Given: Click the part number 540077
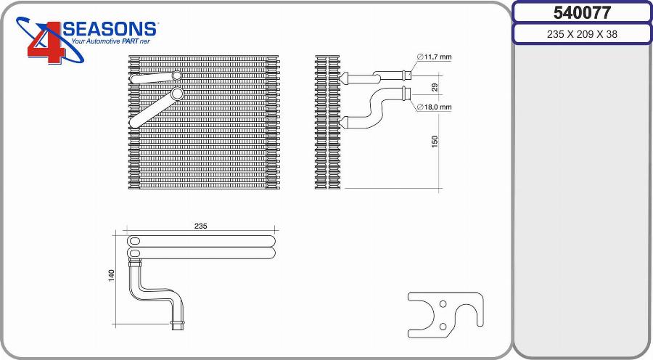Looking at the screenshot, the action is pyautogui.click(x=582, y=13).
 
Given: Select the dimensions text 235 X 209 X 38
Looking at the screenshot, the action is pyautogui.click(x=582, y=34).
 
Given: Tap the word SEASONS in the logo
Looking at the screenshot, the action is pyautogui.click(x=110, y=29).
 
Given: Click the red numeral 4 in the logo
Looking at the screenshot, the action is pyautogui.click(x=46, y=43).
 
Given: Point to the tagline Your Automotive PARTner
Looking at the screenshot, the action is pyautogui.click(x=110, y=41).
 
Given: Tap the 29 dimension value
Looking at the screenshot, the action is pyautogui.click(x=435, y=88).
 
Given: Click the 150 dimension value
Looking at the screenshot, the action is pyautogui.click(x=435, y=142).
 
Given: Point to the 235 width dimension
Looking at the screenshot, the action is pyautogui.click(x=200, y=226).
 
